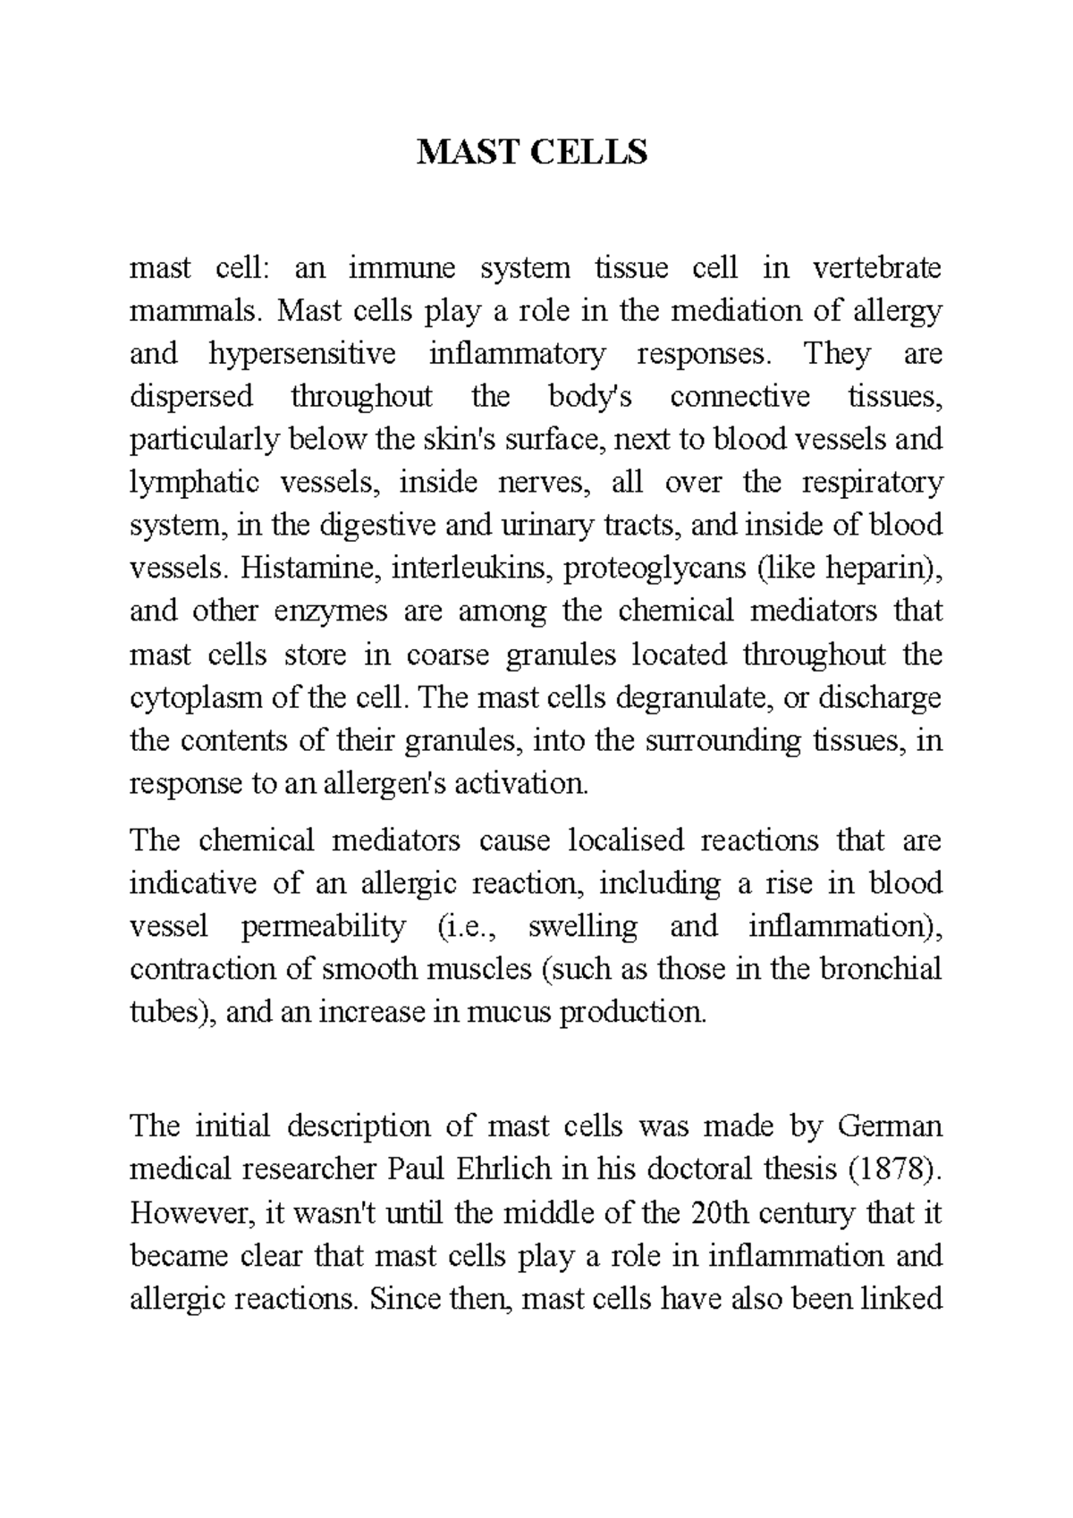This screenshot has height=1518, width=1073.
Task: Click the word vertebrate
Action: (877, 268)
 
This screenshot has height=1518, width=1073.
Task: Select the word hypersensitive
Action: (302, 354)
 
